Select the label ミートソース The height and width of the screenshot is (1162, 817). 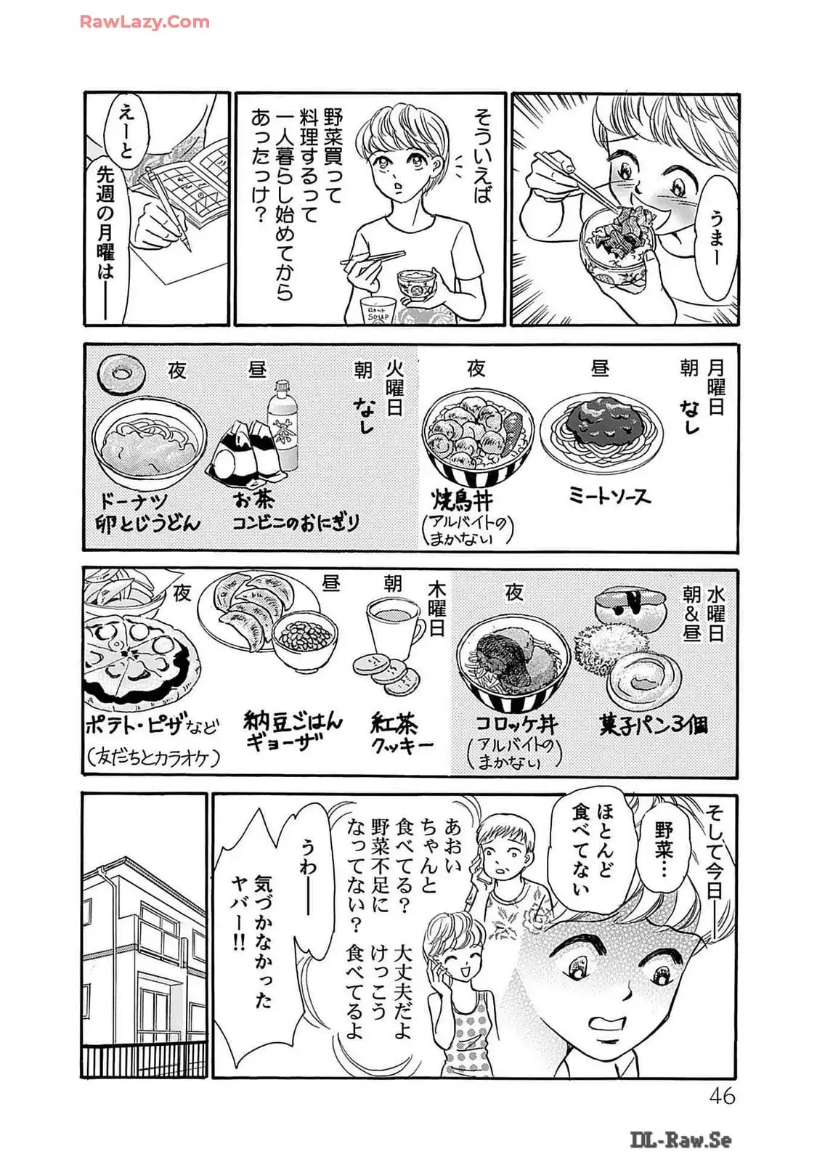tap(609, 497)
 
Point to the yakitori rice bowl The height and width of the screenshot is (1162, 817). tap(477, 436)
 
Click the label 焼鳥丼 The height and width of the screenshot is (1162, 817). tap(463, 500)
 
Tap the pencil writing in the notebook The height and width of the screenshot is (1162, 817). tap(168, 208)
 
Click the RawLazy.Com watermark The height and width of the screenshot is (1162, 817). tap(145, 22)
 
